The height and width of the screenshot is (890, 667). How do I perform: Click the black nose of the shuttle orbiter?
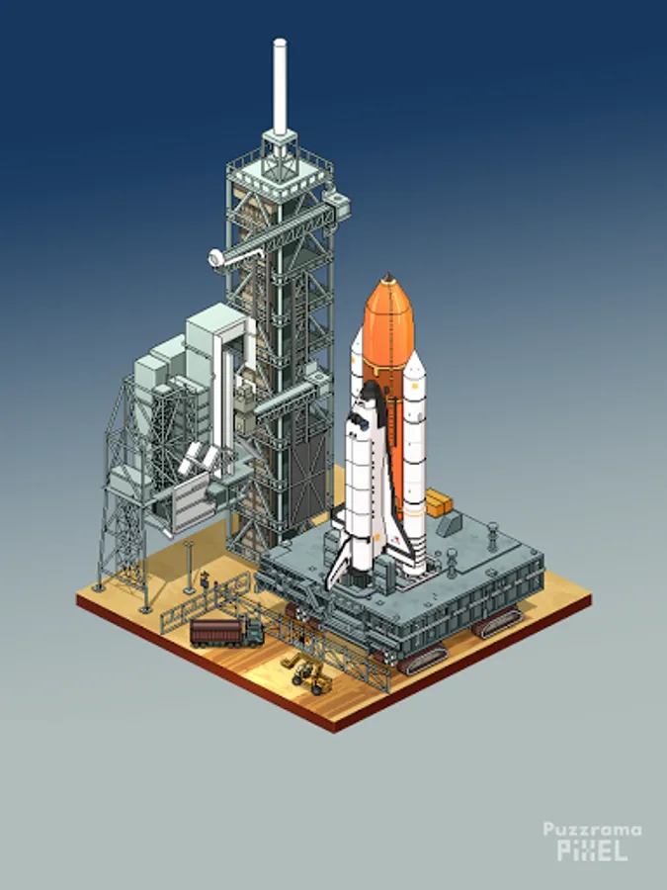coord(370,393)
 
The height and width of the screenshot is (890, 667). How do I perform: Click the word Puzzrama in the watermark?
coord(592,830)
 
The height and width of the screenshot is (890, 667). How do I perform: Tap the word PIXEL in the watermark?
coord(592,850)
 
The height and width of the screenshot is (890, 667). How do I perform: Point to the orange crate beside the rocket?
coord(439,502)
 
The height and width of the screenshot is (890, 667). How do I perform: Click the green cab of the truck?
coord(255,632)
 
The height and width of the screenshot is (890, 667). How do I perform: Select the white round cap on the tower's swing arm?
coord(216,259)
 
